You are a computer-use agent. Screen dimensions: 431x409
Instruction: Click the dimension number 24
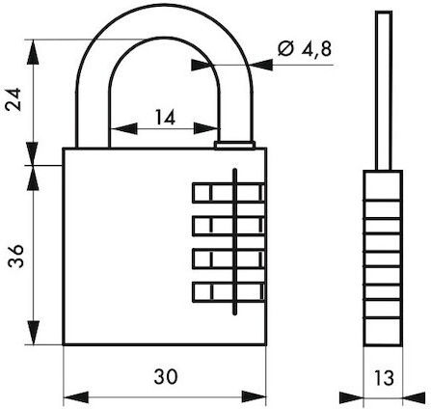tap(14, 99)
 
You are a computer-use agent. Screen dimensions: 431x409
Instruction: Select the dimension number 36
tap(15, 256)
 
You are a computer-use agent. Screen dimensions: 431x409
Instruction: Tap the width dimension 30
tap(166, 376)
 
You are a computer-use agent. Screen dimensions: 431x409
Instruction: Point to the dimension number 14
tap(165, 117)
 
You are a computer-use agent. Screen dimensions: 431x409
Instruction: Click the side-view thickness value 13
tap(384, 378)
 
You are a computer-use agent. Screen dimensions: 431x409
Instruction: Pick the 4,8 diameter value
tap(316, 49)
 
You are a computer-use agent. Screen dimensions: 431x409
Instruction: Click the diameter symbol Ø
tap(285, 49)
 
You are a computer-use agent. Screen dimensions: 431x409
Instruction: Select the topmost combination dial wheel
tap(229, 193)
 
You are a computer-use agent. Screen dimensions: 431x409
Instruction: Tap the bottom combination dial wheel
tap(229, 292)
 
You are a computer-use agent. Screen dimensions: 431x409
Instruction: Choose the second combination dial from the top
tap(229, 226)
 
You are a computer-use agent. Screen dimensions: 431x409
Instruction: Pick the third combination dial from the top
tap(229, 259)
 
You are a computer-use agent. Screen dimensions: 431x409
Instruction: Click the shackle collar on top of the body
tap(234, 146)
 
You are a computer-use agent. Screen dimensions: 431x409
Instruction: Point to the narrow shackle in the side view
tap(384, 91)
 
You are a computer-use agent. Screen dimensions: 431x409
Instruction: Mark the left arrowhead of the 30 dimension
tap(76, 397)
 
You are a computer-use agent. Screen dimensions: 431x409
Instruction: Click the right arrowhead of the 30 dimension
tap(254, 396)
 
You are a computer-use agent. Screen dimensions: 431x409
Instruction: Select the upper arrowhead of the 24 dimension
tap(33, 52)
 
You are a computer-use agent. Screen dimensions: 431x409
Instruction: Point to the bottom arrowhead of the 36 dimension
tap(33, 333)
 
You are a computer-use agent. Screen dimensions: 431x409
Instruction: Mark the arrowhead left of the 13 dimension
tap(352, 397)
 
